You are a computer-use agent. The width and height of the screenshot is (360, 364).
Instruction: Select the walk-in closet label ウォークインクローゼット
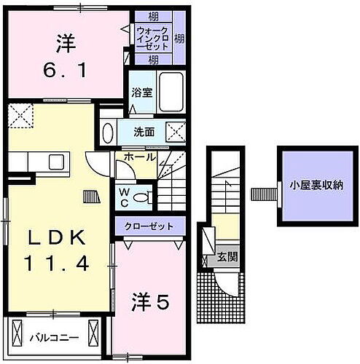[152, 37]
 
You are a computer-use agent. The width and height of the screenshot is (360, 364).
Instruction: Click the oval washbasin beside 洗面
[107, 134]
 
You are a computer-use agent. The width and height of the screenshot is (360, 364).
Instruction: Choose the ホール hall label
[139, 157]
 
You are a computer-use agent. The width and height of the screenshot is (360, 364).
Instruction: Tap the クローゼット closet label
[149, 226]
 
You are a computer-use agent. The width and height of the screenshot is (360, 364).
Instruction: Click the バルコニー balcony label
[50, 337]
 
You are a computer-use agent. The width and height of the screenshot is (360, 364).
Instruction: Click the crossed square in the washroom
[174, 132]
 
